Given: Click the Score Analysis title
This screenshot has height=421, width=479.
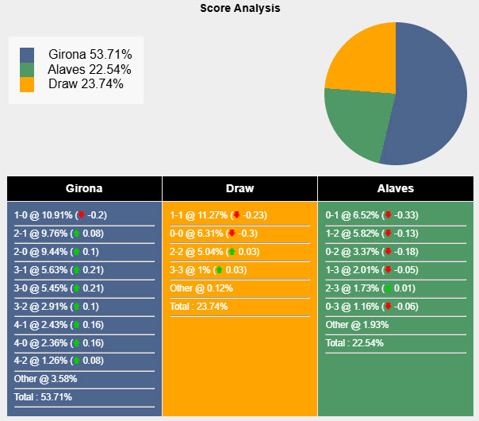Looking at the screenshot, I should [239, 8].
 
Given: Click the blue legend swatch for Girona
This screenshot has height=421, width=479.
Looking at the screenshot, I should [27, 55].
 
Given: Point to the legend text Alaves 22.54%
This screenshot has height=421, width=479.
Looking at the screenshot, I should [90, 69].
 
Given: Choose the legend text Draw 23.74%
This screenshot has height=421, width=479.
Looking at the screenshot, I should [86, 83].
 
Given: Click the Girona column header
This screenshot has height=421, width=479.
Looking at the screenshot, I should [84, 189].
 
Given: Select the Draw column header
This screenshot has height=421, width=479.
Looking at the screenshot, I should [239, 189].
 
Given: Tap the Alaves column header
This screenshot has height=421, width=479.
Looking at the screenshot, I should [395, 189].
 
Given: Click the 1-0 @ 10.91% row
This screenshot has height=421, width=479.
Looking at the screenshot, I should [60, 215].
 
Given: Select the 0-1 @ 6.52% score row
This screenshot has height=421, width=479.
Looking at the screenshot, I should [371, 215].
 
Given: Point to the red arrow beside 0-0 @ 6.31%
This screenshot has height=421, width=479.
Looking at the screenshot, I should [232, 234].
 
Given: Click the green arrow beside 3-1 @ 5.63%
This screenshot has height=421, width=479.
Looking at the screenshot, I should [76, 270].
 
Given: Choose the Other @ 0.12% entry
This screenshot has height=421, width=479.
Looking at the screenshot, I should [201, 288].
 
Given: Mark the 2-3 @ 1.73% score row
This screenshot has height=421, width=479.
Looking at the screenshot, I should [371, 288].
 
